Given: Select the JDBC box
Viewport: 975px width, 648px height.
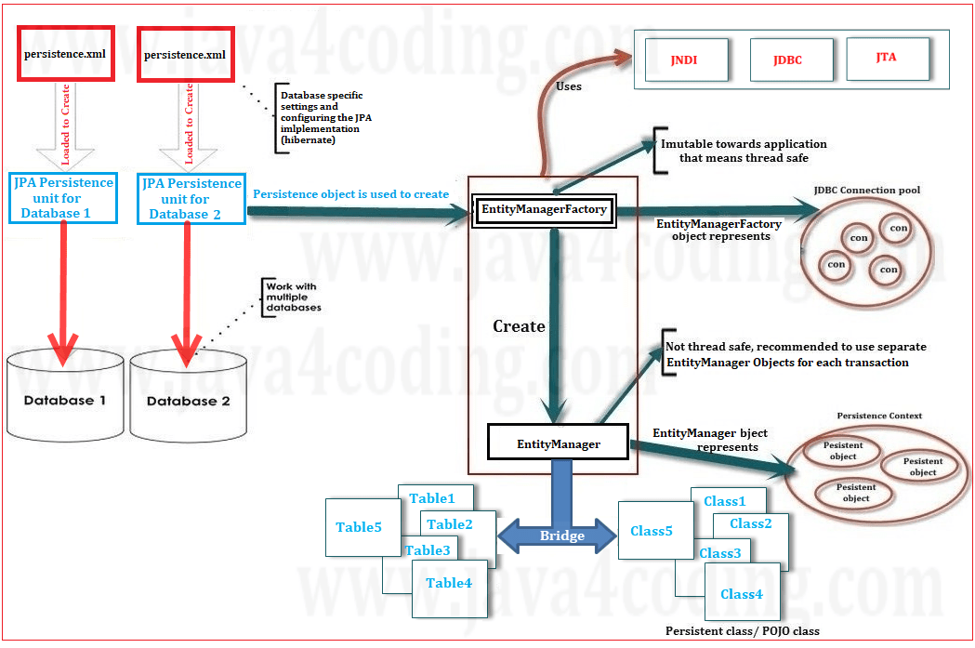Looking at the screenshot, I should (787, 60).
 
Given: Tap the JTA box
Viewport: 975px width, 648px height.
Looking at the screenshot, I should (887, 58).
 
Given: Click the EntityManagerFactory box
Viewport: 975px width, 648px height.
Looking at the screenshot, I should (544, 209).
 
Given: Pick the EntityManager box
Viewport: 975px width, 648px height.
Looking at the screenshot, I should (558, 443).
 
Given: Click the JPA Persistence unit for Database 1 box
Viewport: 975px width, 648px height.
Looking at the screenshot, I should (63, 198).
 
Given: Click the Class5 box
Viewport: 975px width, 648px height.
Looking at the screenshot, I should (652, 531).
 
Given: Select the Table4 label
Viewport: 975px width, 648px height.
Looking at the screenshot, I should (448, 583).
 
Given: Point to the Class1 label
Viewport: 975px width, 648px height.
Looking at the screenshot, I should (725, 501).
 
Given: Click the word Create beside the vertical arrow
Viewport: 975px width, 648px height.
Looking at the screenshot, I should (519, 326).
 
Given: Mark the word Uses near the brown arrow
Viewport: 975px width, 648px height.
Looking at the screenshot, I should (568, 86).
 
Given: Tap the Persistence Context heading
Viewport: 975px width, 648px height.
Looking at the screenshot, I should (879, 416).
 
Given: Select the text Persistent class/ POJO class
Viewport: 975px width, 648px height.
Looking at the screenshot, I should (742, 631).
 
